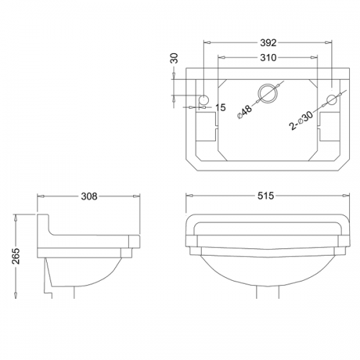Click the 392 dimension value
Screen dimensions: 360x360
(x=269, y=42)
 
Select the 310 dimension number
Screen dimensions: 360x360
(x=268, y=58)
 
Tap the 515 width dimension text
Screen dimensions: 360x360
(x=266, y=196)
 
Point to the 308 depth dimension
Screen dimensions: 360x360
(x=89, y=197)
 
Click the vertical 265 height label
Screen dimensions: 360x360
(x=17, y=256)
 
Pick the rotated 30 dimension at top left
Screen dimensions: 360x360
(x=174, y=58)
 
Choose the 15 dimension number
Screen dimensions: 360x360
(x=220, y=107)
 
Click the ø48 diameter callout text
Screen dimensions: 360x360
(x=245, y=112)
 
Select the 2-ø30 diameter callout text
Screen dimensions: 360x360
(x=302, y=120)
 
